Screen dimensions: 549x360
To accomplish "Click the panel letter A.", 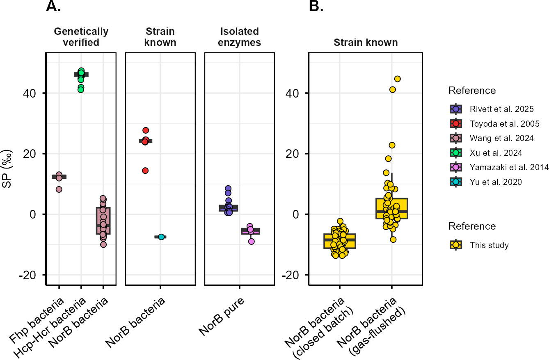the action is pos(53,6).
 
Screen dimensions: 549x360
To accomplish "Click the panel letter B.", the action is pos(316,6).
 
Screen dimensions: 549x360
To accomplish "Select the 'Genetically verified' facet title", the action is pos(81,37).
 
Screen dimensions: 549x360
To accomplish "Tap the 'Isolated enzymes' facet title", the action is pos(240,37).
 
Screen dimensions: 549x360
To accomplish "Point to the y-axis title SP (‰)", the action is pos(7,169).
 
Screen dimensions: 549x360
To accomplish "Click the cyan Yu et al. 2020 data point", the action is pos(161,237).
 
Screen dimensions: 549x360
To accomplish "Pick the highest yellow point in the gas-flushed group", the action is pos(397,79).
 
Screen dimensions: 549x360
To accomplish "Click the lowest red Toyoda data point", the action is pos(145,171).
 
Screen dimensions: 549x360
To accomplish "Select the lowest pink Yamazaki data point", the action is pos(251,242).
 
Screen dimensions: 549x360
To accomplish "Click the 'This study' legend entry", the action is pos(479,245).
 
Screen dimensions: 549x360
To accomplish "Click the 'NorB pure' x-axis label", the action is pos(221,317).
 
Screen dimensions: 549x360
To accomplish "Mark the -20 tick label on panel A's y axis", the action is pos(27,275).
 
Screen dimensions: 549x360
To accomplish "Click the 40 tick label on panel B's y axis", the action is pos(292,93).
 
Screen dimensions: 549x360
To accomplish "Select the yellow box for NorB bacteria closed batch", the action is pos(340,241).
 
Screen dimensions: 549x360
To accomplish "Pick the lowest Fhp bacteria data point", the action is pos(59,189).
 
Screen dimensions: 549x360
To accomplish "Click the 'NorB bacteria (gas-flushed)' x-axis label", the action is pos(371,326).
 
